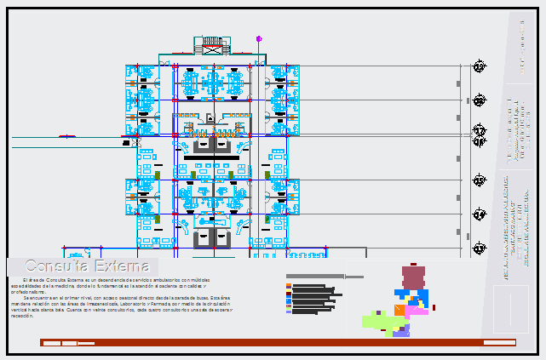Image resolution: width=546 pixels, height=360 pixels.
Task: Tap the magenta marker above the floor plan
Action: click(x=259, y=38)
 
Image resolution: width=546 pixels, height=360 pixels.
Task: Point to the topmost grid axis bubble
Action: click(x=480, y=66)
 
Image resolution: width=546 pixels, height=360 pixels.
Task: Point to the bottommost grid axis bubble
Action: click(x=480, y=248)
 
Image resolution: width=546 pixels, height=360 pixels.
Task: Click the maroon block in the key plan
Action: click(x=414, y=277)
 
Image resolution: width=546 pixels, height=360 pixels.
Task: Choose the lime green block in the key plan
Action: click(x=377, y=321)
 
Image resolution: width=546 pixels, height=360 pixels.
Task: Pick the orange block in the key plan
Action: click(x=399, y=310)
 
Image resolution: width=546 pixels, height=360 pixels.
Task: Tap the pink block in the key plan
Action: click(x=417, y=311)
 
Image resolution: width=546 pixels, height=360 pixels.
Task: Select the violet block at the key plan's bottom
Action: click(x=400, y=331)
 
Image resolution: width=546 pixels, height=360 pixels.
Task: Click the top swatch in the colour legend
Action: click(x=290, y=285)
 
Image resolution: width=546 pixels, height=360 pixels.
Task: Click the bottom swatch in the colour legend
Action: click(x=290, y=311)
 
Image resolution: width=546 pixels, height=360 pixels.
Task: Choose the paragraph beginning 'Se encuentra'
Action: click(x=119, y=306)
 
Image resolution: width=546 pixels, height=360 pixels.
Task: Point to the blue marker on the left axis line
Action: click(x=66, y=136)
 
